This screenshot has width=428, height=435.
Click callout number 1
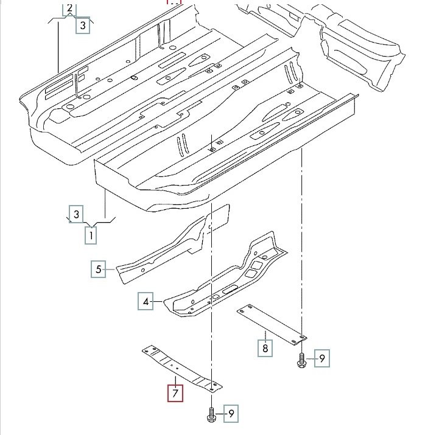click(x=91, y=234)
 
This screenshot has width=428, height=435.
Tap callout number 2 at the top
click(x=69, y=8)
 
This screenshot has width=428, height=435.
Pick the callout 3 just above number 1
click(x=76, y=214)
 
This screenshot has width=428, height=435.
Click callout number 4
click(x=146, y=301)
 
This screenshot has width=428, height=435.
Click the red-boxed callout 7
click(x=175, y=394)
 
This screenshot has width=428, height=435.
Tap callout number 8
click(x=265, y=348)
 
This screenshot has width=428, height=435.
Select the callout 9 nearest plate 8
click(x=323, y=358)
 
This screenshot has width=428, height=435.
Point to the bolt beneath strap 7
click(x=211, y=416)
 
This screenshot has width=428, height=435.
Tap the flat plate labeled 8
click(x=272, y=322)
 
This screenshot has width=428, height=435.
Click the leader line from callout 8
click(x=265, y=335)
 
